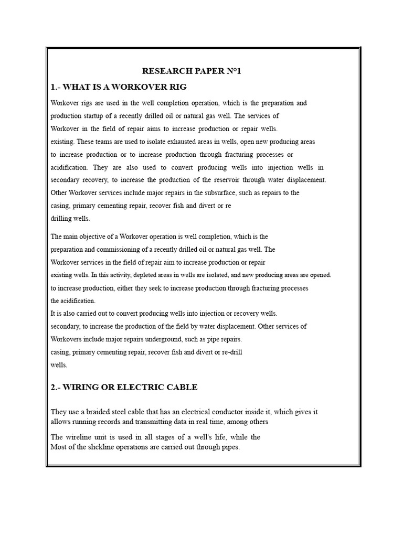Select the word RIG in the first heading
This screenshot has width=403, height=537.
[x=177, y=87]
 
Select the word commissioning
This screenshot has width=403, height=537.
[x=112, y=250]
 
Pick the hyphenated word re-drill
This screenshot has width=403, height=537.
[x=231, y=351]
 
